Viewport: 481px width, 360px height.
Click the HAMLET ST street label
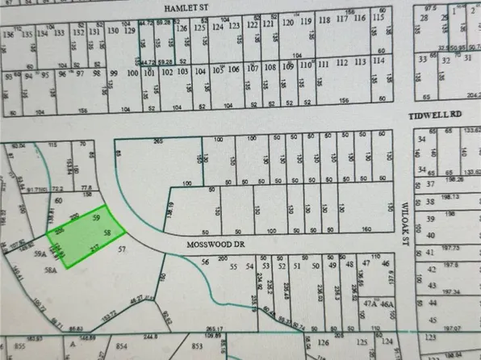pyautogui.click(x=186, y=6)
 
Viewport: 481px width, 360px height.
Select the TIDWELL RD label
pyautogui.click(x=433, y=115)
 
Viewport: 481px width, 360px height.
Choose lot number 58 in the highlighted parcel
pyautogui.click(x=106, y=232)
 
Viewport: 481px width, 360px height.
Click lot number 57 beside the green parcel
pyautogui.click(x=122, y=251)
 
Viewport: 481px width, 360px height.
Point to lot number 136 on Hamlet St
pyautogui.click(x=8, y=34)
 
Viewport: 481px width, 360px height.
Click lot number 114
pyautogui.click(x=378, y=62)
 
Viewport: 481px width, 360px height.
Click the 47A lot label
pyautogui.click(x=370, y=303)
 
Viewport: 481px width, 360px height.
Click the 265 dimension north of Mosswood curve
pyautogui.click(x=158, y=140)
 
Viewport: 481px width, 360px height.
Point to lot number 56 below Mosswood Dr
pyautogui.click(x=205, y=262)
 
